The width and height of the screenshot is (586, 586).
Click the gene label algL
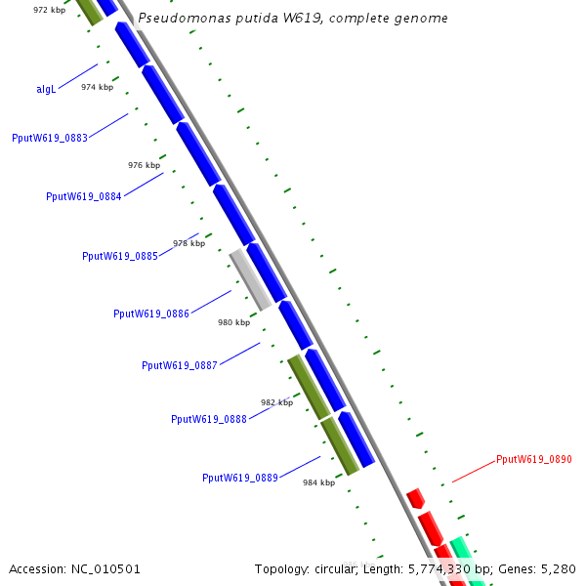click(46, 89)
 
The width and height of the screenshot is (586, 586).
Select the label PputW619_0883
click(50, 138)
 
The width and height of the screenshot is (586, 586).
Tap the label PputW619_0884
click(84, 196)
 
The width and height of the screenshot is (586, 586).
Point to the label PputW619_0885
click(120, 256)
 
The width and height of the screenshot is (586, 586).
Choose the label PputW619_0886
click(151, 314)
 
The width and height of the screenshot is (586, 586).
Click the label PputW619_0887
click(180, 365)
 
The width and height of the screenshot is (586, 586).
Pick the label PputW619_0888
click(209, 419)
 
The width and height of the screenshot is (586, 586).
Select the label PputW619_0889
click(240, 478)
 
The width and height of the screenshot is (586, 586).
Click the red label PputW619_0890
click(534, 459)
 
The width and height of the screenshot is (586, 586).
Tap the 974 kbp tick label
click(97, 87)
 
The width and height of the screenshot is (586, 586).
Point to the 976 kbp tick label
click(144, 165)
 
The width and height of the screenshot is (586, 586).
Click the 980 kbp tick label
click(233, 322)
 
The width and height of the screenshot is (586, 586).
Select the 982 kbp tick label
click(276, 402)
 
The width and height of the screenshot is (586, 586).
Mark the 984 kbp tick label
click(318, 482)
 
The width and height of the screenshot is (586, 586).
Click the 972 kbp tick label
click(49, 10)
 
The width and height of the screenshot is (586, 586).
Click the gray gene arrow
click(249, 276)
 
